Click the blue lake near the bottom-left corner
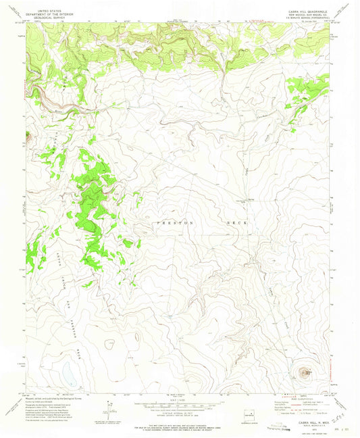coord(69,372)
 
